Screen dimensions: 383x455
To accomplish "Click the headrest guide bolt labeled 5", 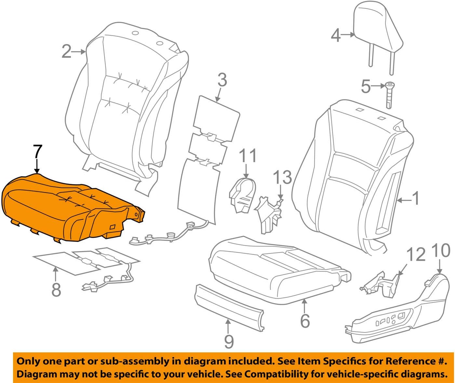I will coord(389,95).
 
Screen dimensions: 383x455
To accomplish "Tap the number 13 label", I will coord(282,178).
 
